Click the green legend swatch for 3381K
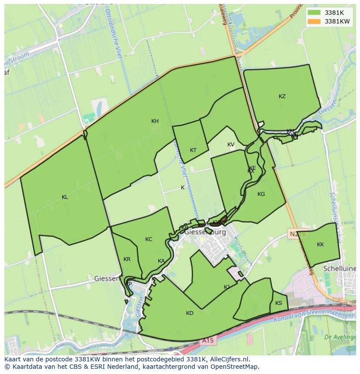pyautogui.click(x=314, y=13)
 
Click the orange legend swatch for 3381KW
pyautogui.click(x=314, y=21)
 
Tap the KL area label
pyautogui.click(x=65, y=197)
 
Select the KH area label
pyautogui.click(x=155, y=121)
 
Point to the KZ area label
pyautogui.click(x=282, y=96)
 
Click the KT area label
pyautogui.click(x=193, y=150)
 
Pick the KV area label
pyautogui.click(x=230, y=145)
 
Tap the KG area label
pyautogui.click(x=261, y=194)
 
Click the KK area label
pyautogui.click(x=320, y=245)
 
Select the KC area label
pyautogui.click(x=149, y=239)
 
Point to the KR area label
pyautogui.click(x=127, y=259)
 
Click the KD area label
pyautogui.click(x=190, y=313)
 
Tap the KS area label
pyautogui.click(x=279, y=303)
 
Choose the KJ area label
pyautogui.click(x=227, y=287)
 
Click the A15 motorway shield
pyautogui.click(x=208, y=341)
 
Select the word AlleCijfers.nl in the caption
pyautogui.click(x=228, y=359)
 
